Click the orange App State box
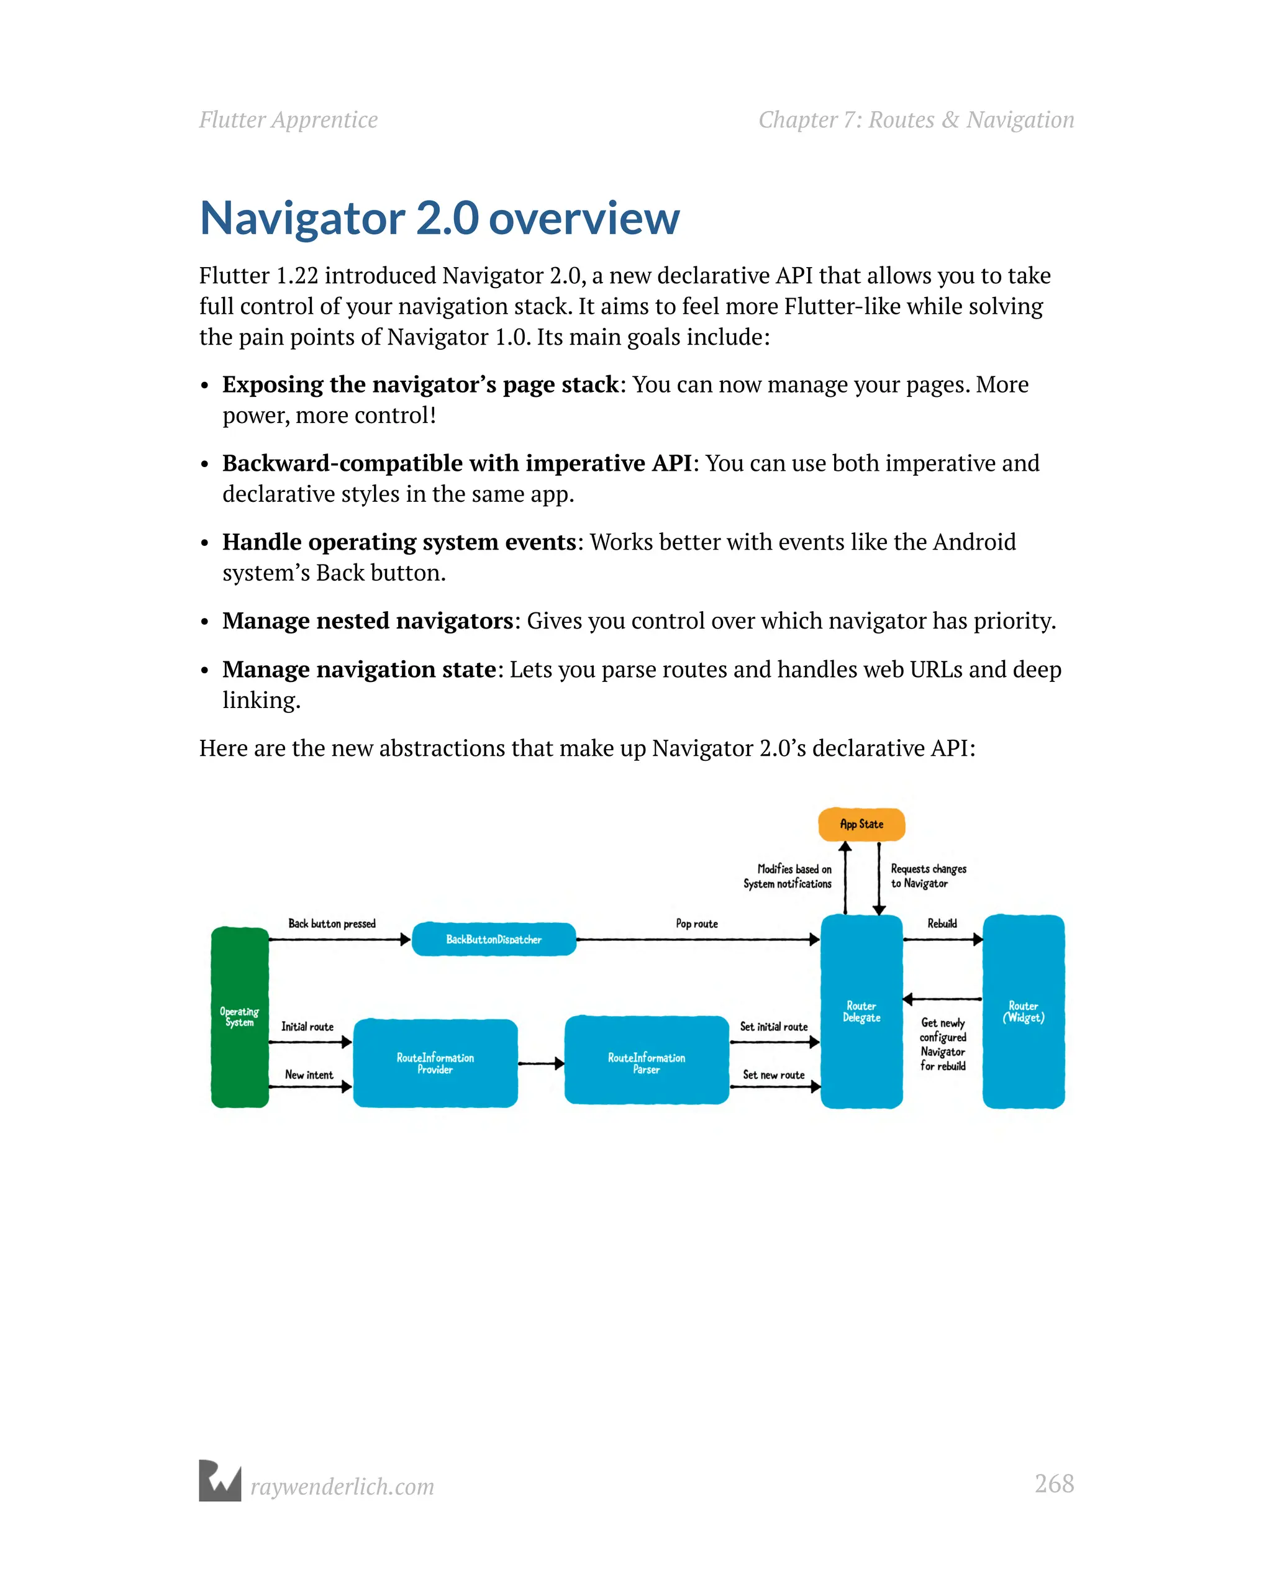[x=861, y=824]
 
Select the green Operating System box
[x=240, y=1017]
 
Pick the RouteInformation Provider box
[x=435, y=1063]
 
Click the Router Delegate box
[x=861, y=1012]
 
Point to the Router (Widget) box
[x=1024, y=1012]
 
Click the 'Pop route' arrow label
[x=696, y=924]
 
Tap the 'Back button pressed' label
[x=332, y=924]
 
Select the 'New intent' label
[x=309, y=1075]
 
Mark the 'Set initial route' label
[x=773, y=1026]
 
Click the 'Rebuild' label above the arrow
[x=942, y=924]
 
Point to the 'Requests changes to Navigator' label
[x=928, y=876]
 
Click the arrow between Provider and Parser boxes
[x=541, y=1063]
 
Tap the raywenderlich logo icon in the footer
[x=220, y=1481]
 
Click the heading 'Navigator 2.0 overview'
[x=440, y=219]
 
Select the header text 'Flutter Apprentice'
[x=288, y=120]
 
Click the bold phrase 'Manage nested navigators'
[x=368, y=621]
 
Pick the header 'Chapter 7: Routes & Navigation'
[x=916, y=120]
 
